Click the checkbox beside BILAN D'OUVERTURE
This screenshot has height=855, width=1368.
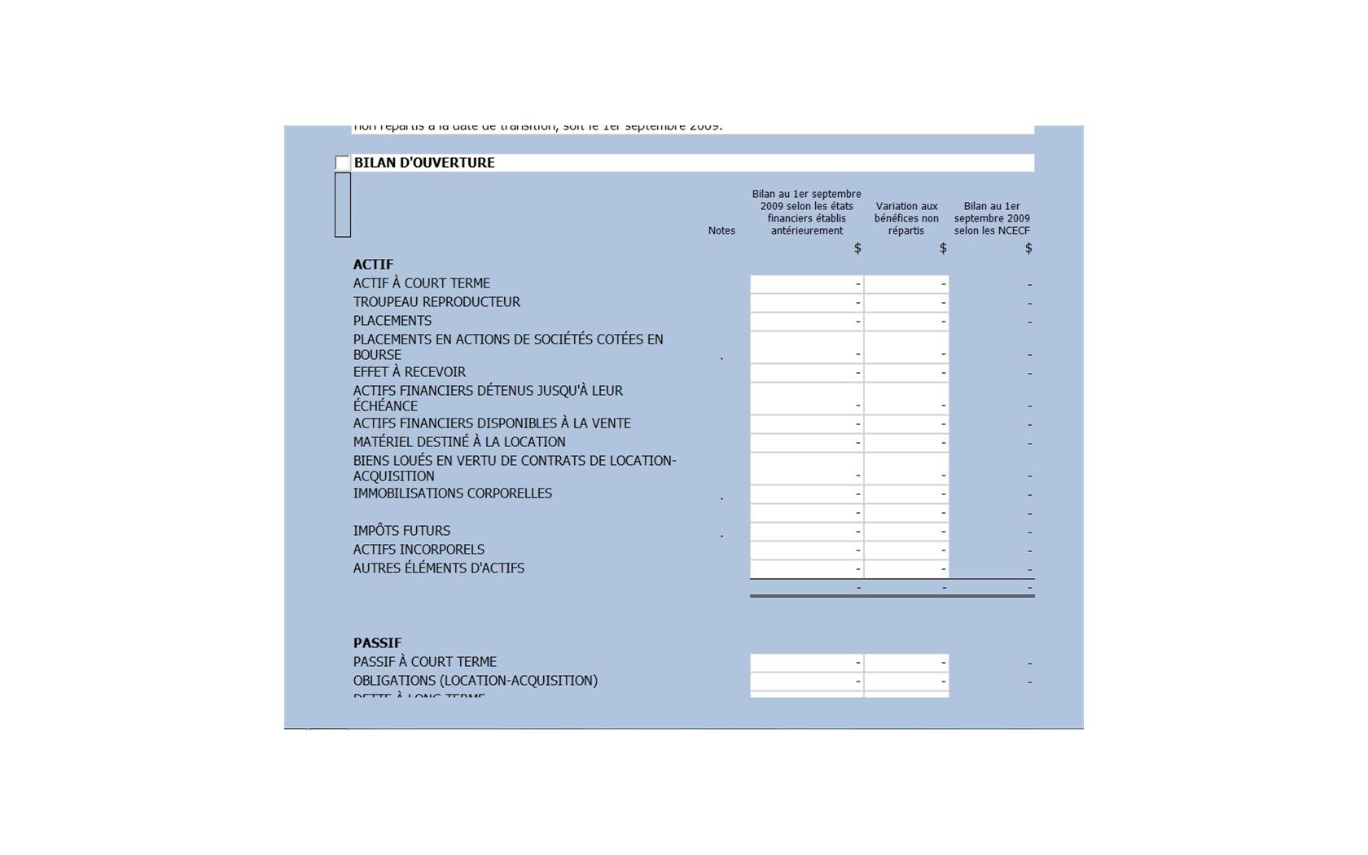pos(342,163)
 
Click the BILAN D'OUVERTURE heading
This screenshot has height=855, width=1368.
pos(424,163)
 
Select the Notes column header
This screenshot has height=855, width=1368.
pos(721,230)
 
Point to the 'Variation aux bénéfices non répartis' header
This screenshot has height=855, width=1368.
pos(906,218)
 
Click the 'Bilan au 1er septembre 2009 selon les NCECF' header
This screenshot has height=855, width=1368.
pos(992,218)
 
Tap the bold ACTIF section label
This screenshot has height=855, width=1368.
pos(373,265)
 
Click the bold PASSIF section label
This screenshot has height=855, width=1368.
pos(377,643)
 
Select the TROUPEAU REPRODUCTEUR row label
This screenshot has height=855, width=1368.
pos(436,302)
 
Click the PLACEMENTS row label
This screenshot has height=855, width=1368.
pos(392,321)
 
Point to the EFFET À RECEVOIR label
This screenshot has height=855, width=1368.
pos(410,372)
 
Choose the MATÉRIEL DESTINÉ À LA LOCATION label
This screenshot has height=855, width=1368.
pos(459,442)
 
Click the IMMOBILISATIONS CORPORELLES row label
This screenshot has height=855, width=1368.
pos(453,493)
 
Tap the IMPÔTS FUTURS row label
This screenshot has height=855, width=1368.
pos(401,531)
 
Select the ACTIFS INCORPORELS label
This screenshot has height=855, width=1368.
pos(419,550)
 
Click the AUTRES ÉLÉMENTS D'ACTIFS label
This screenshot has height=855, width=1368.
pos(439,568)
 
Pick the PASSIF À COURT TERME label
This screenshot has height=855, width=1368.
pos(425,662)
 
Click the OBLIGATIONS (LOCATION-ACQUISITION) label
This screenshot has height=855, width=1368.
pos(476,681)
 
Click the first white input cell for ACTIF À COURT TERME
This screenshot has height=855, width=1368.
pos(806,284)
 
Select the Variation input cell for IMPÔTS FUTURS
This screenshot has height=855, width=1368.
pos(906,532)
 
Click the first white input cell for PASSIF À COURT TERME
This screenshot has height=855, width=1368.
pos(806,663)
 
